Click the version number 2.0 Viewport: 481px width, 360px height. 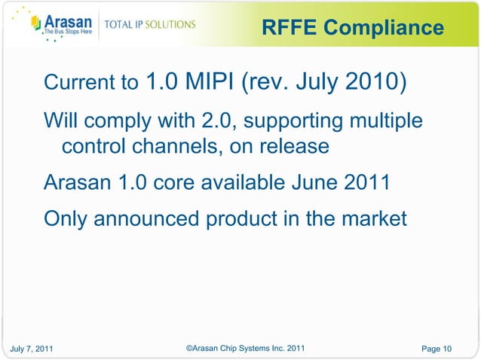[x=203, y=121]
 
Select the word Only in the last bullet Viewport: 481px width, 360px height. [x=66, y=219]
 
